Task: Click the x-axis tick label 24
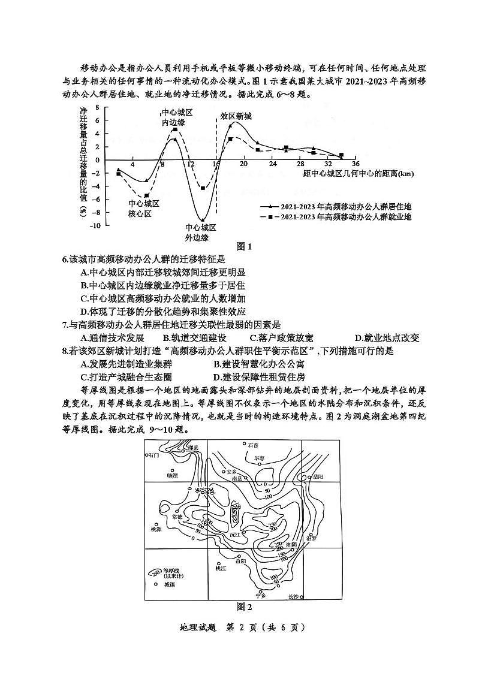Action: pyautogui.click(x=272, y=165)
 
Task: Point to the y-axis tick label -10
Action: pyautogui.click(x=95, y=226)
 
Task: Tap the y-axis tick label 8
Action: pyautogui.click(x=97, y=108)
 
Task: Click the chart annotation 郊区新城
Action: pyautogui.click(x=236, y=116)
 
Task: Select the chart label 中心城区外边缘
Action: pyautogui.click(x=200, y=233)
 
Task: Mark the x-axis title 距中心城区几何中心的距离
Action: pyautogui.click(x=359, y=174)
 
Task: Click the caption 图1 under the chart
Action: pyautogui.click(x=243, y=246)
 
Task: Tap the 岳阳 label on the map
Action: pyautogui.click(x=318, y=477)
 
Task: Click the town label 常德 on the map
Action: pyautogui.click(x=177, y=516)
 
